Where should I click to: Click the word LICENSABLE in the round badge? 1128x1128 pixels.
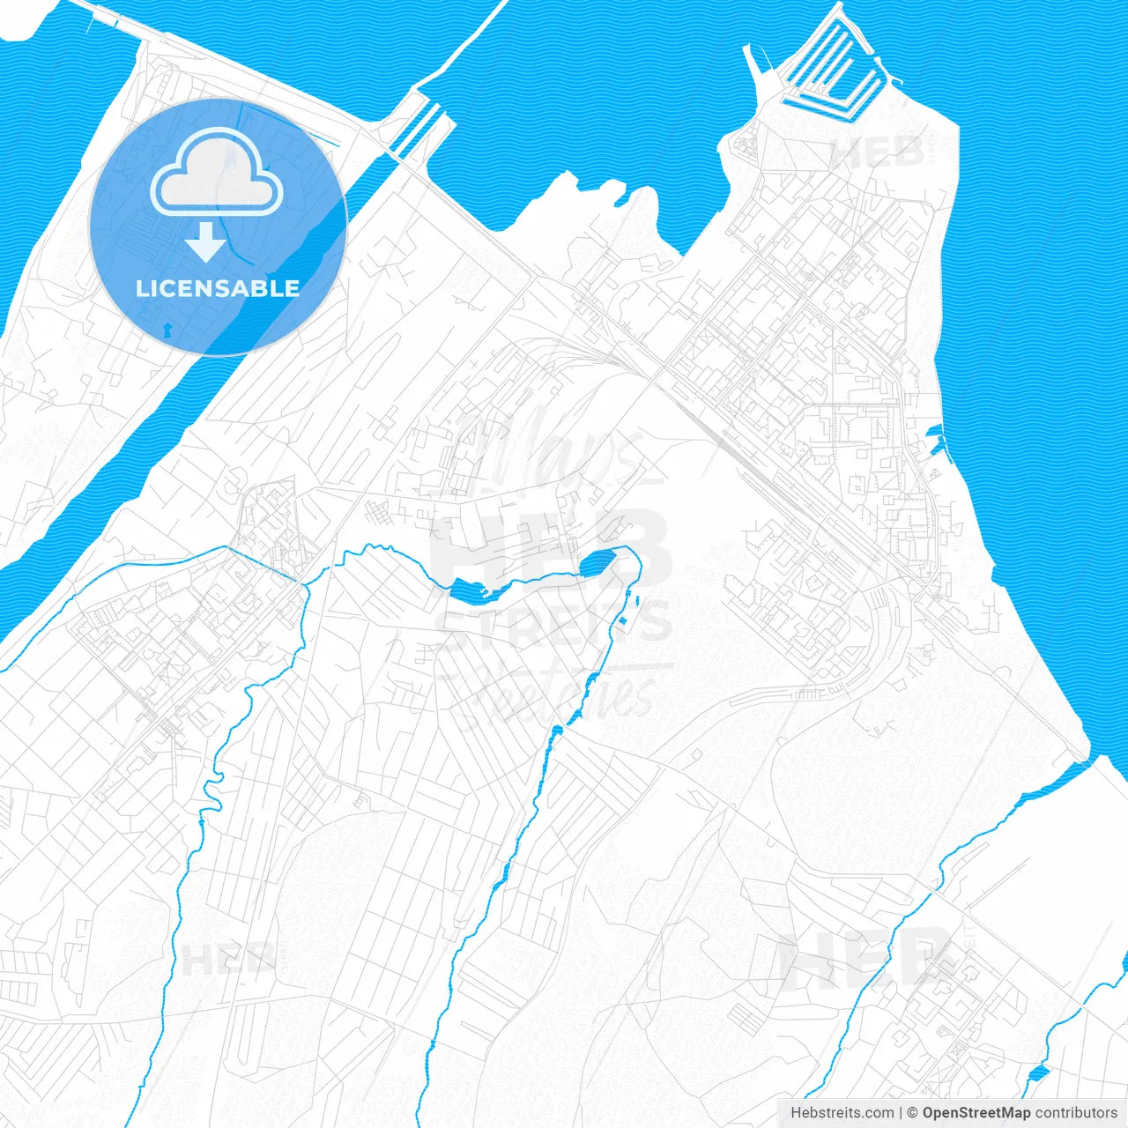tap(218, 288)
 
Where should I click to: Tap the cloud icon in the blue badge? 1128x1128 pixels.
tap(217, 173)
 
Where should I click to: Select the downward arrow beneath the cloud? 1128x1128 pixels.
tap(206, 242)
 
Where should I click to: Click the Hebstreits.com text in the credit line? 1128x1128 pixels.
tap(842, 1113)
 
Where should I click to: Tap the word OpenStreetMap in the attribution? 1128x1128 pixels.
tap(976, 1113)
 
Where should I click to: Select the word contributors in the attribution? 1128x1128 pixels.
tap(1076, 1113)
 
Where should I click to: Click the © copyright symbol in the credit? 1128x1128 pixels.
tap(913, 1113)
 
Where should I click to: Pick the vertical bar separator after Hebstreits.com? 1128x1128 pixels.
tap(901, 1113)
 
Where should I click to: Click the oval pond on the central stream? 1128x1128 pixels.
tap(597, 561)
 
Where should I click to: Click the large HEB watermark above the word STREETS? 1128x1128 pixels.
tap(551, 542)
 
